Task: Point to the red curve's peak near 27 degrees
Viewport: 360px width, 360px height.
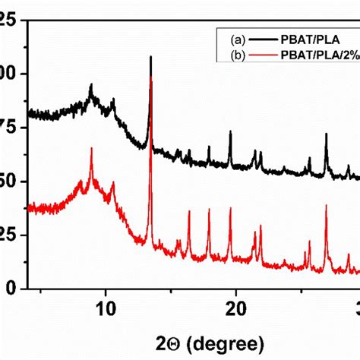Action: click(x=327, y=205)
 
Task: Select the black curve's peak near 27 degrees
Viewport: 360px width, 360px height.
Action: click(x=327, y=134)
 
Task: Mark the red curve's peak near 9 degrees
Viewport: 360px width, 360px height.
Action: click(x=91, y=149)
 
